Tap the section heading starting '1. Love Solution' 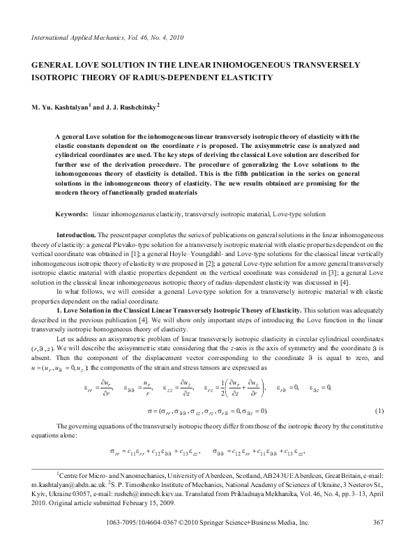175,307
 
